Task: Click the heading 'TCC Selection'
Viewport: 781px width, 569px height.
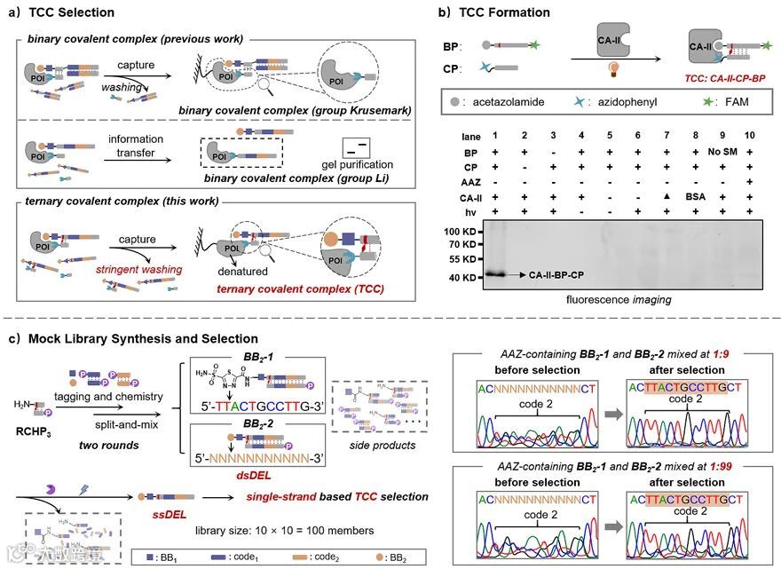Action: (x=72, y=12)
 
